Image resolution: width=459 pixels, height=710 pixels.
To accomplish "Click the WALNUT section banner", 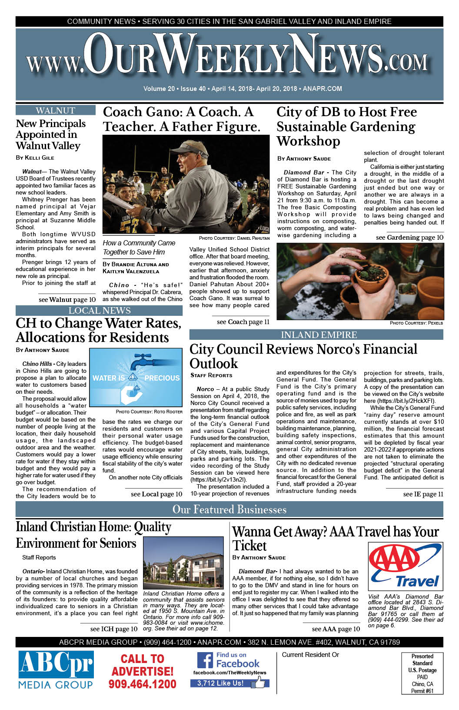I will coord(56,111).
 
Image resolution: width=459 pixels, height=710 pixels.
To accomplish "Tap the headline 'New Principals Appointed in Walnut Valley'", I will coord(50,134).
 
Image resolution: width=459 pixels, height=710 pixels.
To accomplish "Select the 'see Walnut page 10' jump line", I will coord(67,300).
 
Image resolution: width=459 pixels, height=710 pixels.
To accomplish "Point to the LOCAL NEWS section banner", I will coord(99,311).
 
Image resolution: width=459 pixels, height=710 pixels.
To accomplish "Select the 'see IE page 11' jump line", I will coord(423,494).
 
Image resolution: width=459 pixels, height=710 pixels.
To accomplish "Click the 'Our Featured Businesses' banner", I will coord(229,509).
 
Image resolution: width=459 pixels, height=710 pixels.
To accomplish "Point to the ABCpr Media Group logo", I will coord(56,670).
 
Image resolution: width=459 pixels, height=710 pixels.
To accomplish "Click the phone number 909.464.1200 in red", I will coord(142,684).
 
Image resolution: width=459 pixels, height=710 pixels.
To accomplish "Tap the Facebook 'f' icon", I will coord(205,660).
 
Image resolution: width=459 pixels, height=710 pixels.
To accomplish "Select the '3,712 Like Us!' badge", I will coord(221,683).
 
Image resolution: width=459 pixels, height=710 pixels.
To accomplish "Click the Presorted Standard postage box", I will coord(422,673).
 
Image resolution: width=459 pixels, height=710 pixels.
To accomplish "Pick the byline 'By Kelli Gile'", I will coord(35,157).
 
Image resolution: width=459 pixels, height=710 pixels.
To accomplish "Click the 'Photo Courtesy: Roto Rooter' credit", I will coord(149,412).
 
